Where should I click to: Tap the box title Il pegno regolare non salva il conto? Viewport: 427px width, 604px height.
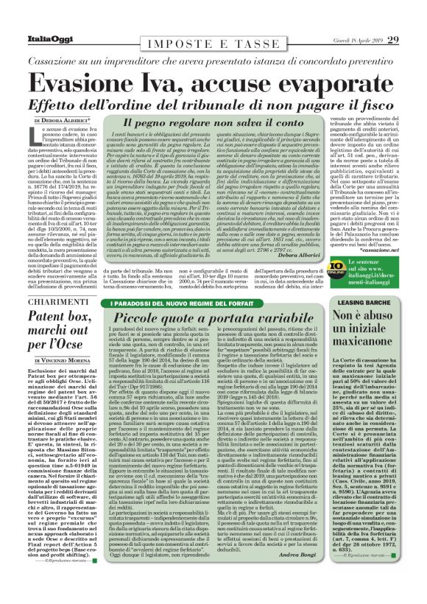(x=202, y=120)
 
